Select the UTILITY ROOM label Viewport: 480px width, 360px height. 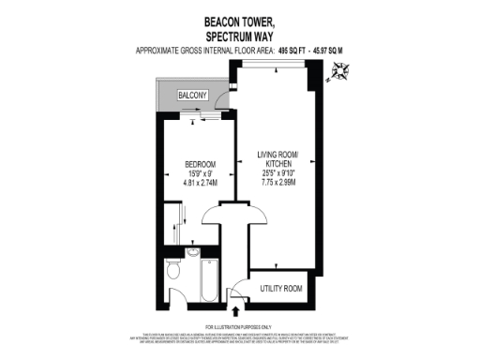(x=279, y=288)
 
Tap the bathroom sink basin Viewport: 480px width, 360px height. (x=191, y=249)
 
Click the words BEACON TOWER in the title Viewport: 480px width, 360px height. (x=238, y=18)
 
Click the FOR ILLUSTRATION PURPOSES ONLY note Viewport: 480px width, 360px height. (x=240, y=324)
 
